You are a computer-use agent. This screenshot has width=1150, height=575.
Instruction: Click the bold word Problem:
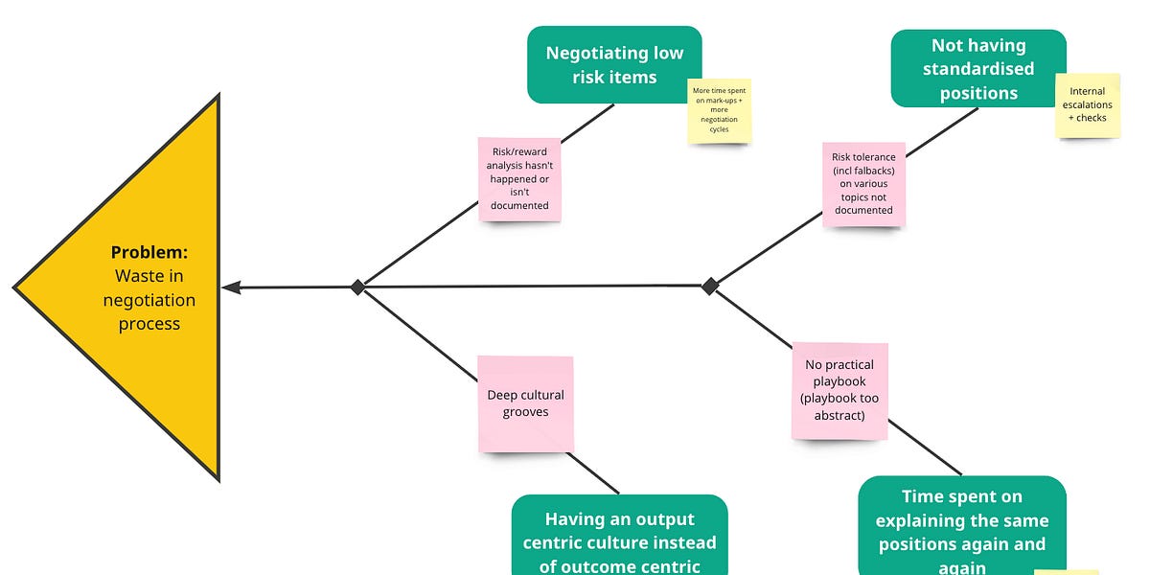pyautogui.click(x=149, y=253)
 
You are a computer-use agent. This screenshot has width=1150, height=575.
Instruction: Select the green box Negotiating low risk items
pyautogui.click(x=614, y=64)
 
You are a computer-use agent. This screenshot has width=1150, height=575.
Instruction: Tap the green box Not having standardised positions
pyautogui.click(x=977, y=68)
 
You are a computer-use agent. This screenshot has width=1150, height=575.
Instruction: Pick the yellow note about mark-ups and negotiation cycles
pyautogui.click(x=719, y=111)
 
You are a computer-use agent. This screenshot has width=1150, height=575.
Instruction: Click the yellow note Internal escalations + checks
pyautogui.click(x=1087, y=104)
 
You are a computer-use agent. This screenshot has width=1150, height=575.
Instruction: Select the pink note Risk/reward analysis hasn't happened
pyautogui.click(x=519, y=179)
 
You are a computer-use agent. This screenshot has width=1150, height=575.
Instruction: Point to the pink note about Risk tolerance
pyautogui.click(x=862, y=184)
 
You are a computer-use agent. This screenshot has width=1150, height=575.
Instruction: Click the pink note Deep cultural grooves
pyautogui.click(x=525, y=403)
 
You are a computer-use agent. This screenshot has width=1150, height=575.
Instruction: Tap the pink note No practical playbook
pyautogui.click(x=839, y=391)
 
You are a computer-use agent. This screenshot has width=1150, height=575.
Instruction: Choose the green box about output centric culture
pyautogui.click(x=619, y=537)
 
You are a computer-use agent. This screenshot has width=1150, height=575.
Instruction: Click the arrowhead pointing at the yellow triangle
pyautogui.click(x=231, y=287)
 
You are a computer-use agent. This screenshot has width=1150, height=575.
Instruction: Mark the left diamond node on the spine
pyautogui.click(x=357, y=287)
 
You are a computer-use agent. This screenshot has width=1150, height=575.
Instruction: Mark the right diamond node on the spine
pyautogui.click(x=710, y=286)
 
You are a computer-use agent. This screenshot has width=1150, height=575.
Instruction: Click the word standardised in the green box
pyautogui.click(x=978, y=69)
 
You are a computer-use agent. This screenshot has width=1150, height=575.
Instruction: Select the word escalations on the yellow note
pyautogui.click(x=1087, y=104)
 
